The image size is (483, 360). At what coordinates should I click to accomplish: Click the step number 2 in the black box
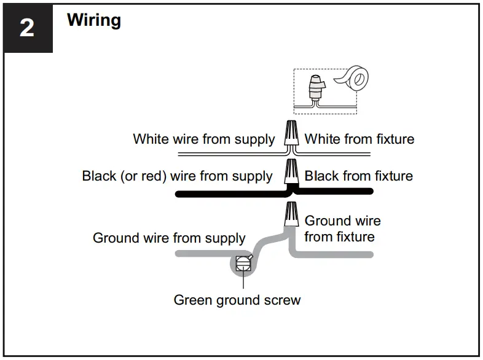(x=26, y=28)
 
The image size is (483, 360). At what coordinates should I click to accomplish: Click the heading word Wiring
(x=94, y=20)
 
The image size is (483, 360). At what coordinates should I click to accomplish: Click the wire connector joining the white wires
(x=291, y=133)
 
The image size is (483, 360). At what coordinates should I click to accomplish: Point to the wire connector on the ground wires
(x=291, y=214)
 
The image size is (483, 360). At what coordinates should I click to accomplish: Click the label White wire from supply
(x=204, y=139)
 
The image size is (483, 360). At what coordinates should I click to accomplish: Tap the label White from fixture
(x=359, y=139)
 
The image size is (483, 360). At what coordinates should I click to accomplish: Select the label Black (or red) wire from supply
(x=177, y=176)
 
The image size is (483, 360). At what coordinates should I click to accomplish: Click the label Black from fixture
(x=359, y=176)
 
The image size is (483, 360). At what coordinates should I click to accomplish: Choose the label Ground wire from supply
(x=169, y=238)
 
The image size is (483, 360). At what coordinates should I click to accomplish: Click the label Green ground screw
(x=237, y=300)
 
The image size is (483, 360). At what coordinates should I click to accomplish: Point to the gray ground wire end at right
(x=366, y=254)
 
